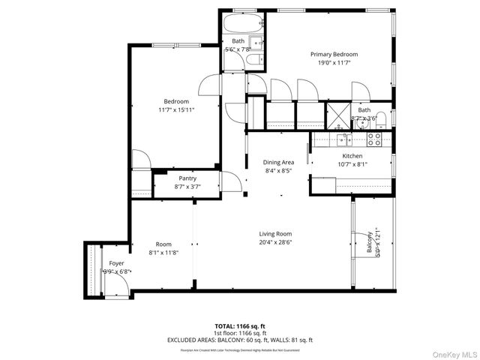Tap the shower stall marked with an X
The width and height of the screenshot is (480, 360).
338,115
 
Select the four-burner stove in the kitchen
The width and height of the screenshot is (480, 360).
375,138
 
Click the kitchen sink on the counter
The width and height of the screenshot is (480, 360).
343,139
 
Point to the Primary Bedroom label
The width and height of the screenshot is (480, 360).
334,54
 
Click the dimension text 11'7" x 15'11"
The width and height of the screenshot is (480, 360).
176,110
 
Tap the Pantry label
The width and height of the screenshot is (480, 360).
187,178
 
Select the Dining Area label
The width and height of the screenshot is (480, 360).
277,162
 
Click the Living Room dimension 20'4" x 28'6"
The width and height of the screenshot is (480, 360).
275,242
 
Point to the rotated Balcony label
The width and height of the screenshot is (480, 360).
370,243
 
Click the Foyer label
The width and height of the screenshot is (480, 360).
116,263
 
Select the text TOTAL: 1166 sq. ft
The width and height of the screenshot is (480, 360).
239,326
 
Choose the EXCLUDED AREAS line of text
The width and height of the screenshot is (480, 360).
239,340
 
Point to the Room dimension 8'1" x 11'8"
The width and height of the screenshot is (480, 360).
163,253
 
